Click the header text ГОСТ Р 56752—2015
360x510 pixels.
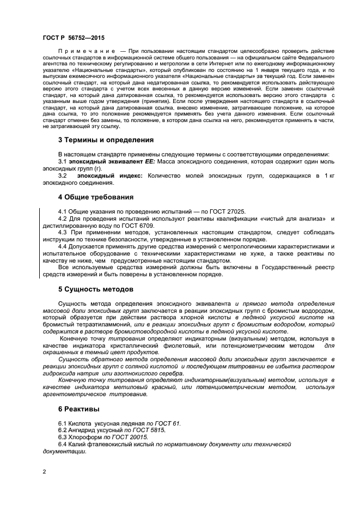pyautogui.click(x=73, y=38)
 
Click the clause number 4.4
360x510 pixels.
pyautogui.click(x=64, y=246)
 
